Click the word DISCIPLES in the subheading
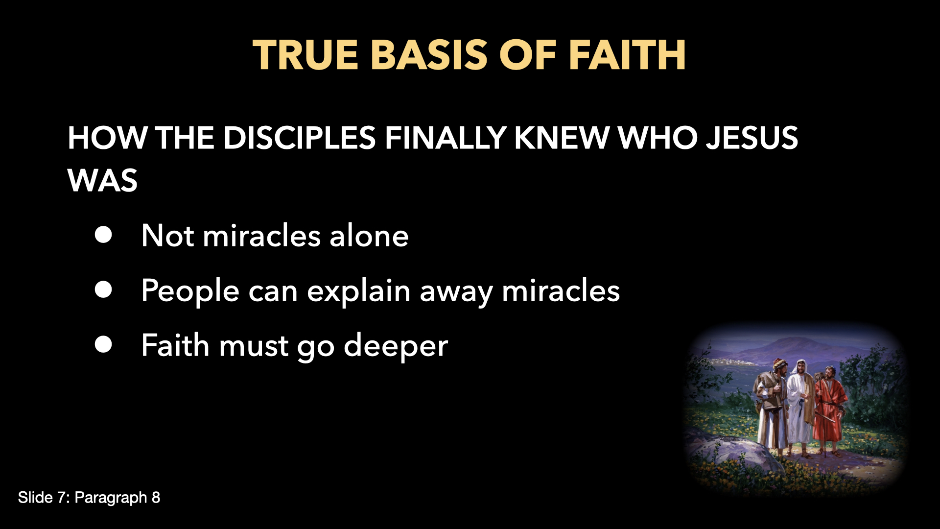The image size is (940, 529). [299, 138]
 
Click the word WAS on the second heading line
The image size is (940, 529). [102, 181]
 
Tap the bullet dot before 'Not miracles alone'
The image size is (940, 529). [103, 235]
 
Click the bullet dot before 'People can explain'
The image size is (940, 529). [103, 290]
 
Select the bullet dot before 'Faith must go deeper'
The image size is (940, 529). [103, 345]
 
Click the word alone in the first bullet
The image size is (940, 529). [369, 236]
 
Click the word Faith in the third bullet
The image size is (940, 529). [175, 345]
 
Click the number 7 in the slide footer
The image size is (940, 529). [62, 498]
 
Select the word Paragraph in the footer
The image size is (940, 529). [111, 498]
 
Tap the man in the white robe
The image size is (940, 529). [799, 402]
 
